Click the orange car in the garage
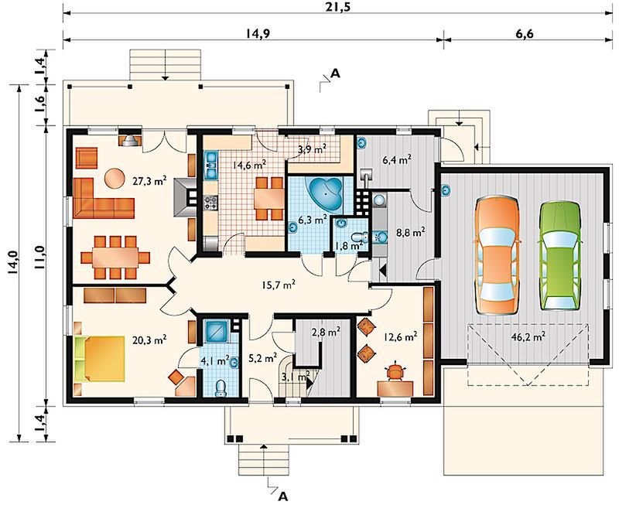[x=498, y=256]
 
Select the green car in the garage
[x=560, y=257]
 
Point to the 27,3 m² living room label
[x=150, y=181]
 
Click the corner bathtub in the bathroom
[x=326, y=195]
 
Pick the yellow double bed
[x=100, y=359]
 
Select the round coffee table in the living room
[x=115, y=178]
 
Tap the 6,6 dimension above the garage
[x=525, y=33]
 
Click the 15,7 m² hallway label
[x=279, y=285]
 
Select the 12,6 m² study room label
[x=401, y=336]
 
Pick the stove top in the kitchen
[x=210, y=203]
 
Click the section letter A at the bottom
[x=282, y=496]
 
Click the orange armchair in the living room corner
[x=86, y=159]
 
